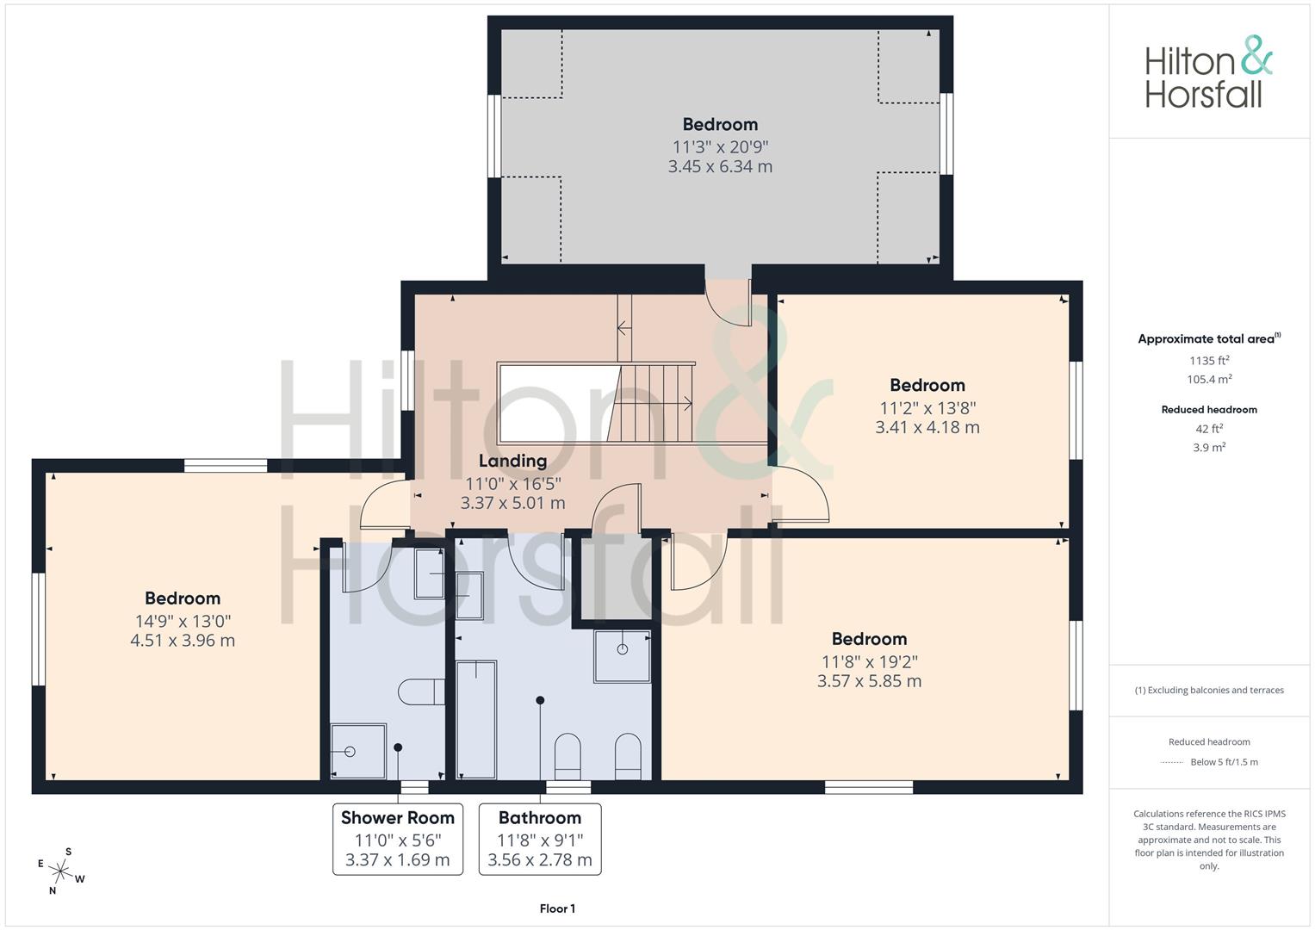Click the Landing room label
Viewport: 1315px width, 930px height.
tap(512, 461)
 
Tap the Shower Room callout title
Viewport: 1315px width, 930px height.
tap(398, 818)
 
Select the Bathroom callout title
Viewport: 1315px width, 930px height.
tap(539, 818)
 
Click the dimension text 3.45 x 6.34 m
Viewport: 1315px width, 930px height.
tap(720, 167)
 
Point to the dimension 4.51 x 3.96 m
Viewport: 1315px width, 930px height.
tap(183, 641)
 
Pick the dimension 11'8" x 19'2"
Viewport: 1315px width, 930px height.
tap(870, 662)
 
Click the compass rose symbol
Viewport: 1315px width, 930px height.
tap(60, 871)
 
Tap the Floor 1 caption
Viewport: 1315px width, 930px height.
tap(557, 908)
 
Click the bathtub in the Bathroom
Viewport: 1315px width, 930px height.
tap(476, 720)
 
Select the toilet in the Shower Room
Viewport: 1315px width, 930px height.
tap(421, 691)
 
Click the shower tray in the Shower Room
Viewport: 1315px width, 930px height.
tap(358, 751)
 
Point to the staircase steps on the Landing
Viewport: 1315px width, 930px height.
tap(650, 403)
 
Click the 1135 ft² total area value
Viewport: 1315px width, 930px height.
tap(1209, 361)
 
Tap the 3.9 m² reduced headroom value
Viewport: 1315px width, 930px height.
tap(1209, 448)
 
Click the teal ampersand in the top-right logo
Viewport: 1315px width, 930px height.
tap(1257, 55)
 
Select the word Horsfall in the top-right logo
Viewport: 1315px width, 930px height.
tap(1203, 95)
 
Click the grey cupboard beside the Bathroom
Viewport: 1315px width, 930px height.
tap(617, 579)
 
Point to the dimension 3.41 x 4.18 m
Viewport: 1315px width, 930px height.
tap(927, 427)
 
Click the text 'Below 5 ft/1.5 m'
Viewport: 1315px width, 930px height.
tap(1224, 762)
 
